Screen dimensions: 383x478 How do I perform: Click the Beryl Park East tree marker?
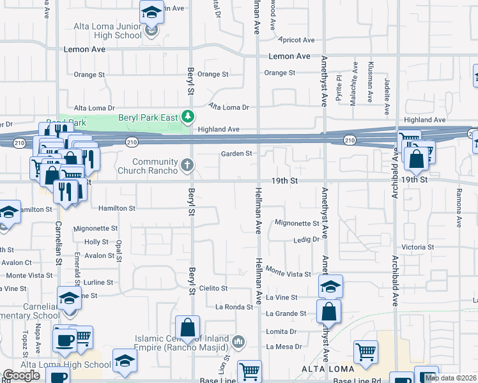pyautogui.click(x=188, y=116)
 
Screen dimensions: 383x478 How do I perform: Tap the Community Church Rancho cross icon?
pyautogui.click(x=188, y=165)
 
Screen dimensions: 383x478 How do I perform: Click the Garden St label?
pyautogui.click(x=237, y=153)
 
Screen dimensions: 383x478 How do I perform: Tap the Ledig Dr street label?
pyautogui.click(x=306, y=239)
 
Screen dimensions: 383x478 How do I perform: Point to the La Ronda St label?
pyautogui.click(x=235, y=307)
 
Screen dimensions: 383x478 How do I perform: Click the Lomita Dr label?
pyautogui.click(x=281, y=331)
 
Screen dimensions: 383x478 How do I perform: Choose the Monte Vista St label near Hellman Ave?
pyautogui.click(x=288, y=273)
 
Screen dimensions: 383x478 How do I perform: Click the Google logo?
pyautogui.click(x=21, y=375)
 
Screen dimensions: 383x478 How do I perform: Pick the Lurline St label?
pyautogui.click(x=98, y=282)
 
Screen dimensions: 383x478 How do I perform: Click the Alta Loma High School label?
pyautogui.click(x=66, y=364)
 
